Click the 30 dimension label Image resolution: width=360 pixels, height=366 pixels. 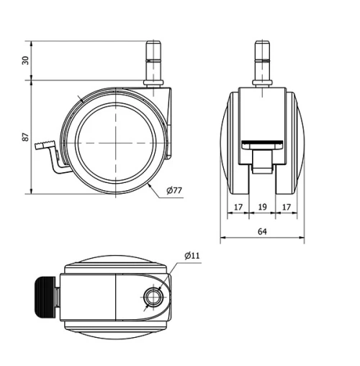(x=25, y=61)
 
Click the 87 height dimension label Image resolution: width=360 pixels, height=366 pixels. (x=25, y=137)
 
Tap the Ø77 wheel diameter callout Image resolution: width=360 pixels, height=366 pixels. (x=174, y=190)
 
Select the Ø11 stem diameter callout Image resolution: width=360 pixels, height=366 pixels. (x=192, y=256)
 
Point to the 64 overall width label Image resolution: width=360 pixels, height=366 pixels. (x=262, y=231)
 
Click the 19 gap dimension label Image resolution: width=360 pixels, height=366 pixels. (x=262, y=207)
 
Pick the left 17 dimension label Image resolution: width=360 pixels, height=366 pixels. (x=238, y=207)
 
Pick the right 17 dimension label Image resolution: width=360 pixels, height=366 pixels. (x=287, y=207)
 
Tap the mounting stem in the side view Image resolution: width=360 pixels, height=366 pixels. (x=153, y=63)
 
